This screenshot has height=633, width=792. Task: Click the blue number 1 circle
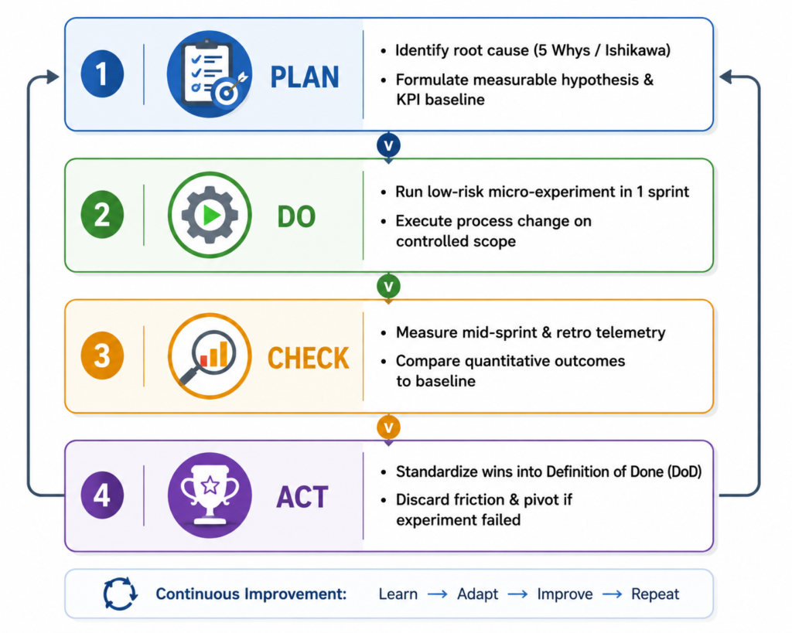point(102,73)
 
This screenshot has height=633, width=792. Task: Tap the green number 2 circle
point(102,215)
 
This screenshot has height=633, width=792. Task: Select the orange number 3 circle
point(102,356)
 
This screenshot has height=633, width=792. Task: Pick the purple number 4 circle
point(102,495)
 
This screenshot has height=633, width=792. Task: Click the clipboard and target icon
point(210,74)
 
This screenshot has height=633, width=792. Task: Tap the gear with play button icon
point(210,215)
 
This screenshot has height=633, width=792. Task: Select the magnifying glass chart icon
point(210,356)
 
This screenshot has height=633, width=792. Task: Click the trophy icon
point(210,495)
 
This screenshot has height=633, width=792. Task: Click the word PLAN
point(305,77)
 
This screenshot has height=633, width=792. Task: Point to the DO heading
point(296,217)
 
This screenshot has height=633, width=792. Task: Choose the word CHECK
point(308,358)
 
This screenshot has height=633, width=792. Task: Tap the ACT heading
point(302,497)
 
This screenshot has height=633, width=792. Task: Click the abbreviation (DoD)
point(685,472)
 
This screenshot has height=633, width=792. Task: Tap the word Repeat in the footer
point(655,594)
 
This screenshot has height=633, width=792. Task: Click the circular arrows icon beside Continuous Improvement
point(120,594)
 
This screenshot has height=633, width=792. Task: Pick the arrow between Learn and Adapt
point(438,594)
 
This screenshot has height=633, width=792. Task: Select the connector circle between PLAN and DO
point(388,145)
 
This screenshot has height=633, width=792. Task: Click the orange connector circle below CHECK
point(388,427)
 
